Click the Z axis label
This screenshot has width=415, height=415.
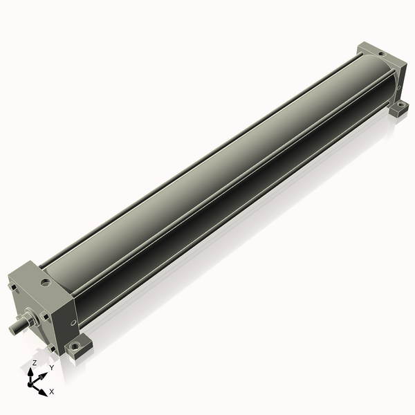pyautogui.click(x=34, y=362)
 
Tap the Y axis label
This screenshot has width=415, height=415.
pyautogui.click(x=51, y=368)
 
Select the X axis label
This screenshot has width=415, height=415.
pyautogui.click(x=52, y=391)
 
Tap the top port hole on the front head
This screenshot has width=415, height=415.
pyautogui.click(x=46, y=282)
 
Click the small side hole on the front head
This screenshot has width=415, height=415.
pyautogui.click(x=73, y=322)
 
